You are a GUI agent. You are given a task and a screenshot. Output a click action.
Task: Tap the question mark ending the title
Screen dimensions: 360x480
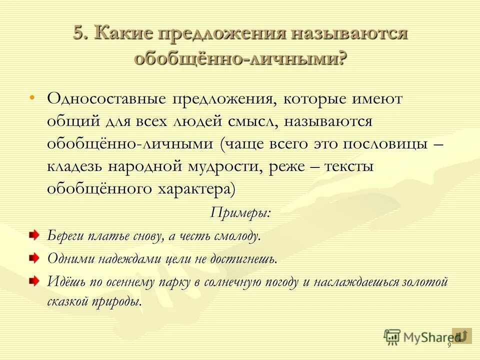[341, 58]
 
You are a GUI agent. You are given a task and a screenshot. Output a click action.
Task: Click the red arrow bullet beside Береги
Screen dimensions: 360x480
[33, 234]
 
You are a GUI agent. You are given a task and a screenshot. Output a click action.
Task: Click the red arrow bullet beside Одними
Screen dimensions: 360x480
[33, 257]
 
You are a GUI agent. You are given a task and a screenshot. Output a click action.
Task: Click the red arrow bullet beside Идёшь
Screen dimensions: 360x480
[33, 280]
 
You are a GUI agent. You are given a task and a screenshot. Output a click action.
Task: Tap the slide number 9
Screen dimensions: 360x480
[449, 345]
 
